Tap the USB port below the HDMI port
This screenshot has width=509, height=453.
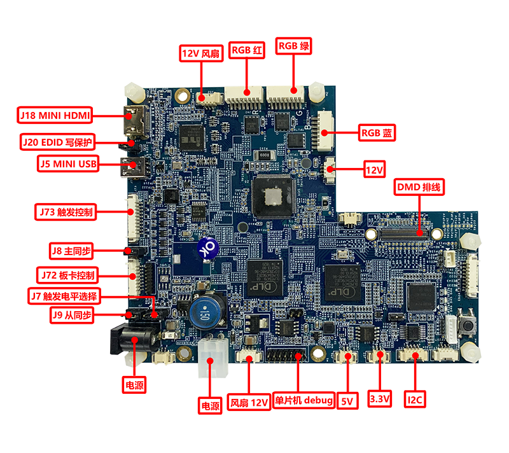136,168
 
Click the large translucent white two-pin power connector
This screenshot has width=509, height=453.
210,349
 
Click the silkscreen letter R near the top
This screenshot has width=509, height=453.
253,113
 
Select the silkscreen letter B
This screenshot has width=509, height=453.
309,126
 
